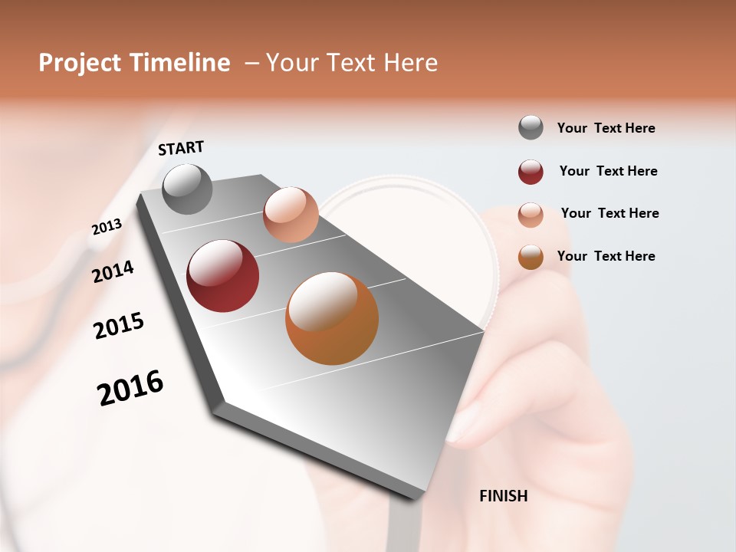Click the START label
point(181,148)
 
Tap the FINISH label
point(503,496)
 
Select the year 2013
point(107,227)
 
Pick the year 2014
point(113,271)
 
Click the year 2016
point(130,388)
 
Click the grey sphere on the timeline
point(188,189)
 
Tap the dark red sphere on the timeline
point(223,276)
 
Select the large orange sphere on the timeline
point(332,318)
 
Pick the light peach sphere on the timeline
point(291,215)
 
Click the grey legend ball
point(531,128)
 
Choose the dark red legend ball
point(531,172)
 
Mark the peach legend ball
point(531,215)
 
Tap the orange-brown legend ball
point(531,257)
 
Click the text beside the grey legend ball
point(606,128)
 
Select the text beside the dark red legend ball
point(608,171)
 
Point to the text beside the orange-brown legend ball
point(606,256)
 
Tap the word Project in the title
point(80,63)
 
